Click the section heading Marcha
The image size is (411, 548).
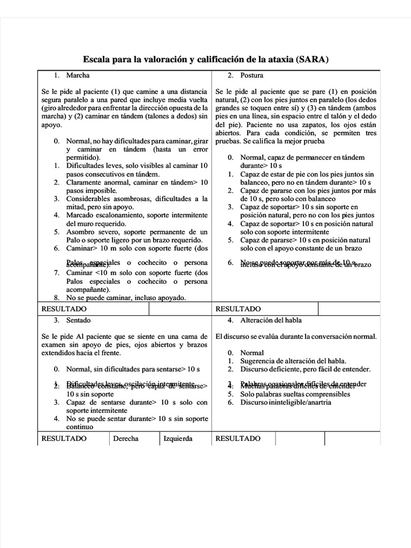[x=78, y=75]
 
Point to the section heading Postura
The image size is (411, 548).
[x=252, y=75]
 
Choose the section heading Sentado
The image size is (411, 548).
[x=78, y=320]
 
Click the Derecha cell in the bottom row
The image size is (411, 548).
[x=125, y=438]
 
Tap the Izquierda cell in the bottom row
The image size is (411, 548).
[x=177, y=438]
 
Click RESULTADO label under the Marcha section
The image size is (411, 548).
[x=64, y=309]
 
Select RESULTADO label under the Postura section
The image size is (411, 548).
[x=238, y=309]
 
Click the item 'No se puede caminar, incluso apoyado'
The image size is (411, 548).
[x=126, y=298]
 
